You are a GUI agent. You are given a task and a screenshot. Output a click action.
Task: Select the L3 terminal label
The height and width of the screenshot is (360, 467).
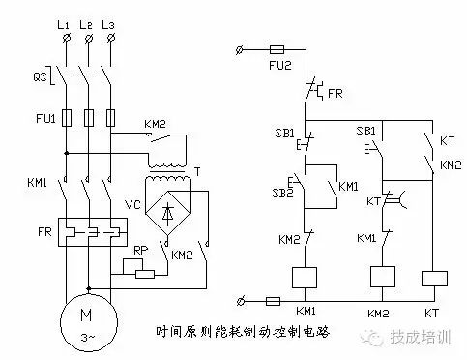pos(112,21)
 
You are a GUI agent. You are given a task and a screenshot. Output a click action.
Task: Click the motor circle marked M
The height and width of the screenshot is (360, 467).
pos(88,318)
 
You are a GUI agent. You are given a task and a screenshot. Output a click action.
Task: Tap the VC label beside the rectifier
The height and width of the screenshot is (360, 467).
pos(134,206)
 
